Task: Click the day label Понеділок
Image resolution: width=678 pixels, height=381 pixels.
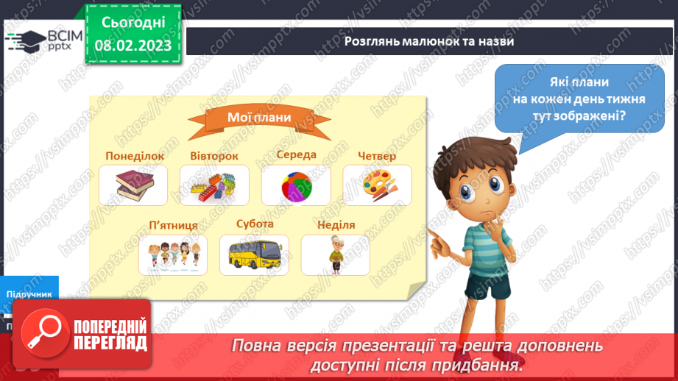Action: coord(135,156)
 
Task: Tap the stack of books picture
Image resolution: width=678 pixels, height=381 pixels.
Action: coord(133,185)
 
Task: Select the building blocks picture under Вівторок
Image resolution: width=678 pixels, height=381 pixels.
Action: coord(214,185)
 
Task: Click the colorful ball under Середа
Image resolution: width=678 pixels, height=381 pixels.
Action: coord(295,185)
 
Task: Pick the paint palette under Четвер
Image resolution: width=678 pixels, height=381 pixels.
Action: coord(376,184)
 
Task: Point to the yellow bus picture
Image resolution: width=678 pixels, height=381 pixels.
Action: coord(254,254)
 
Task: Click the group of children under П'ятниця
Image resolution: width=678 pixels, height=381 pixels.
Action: coord(173,254)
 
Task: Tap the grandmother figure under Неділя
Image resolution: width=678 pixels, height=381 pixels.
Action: coord(335,254)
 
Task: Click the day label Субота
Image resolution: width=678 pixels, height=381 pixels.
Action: coord(255,224)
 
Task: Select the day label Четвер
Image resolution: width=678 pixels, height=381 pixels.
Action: coord(377,156)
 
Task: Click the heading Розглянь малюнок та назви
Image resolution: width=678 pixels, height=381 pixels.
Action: coord(429,41)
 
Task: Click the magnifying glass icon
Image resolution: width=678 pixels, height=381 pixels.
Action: coord(42,335)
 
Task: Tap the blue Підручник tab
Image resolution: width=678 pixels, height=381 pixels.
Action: coord(29,293)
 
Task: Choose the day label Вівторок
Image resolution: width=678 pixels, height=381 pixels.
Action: coord(214,156)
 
